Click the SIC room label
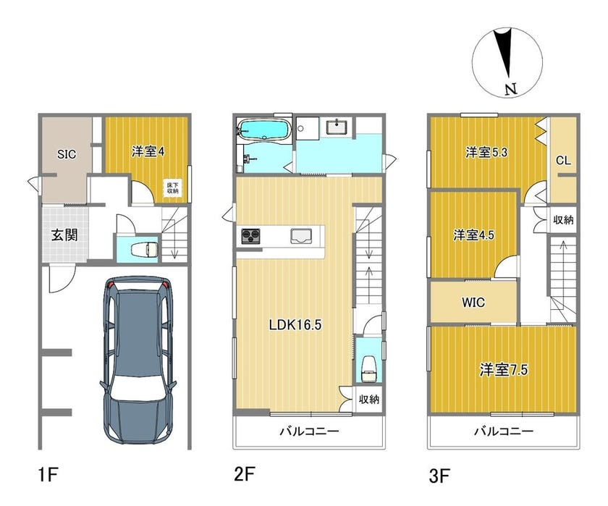pos(67,154)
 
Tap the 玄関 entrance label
pos(64,235)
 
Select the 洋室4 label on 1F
pos(148,151)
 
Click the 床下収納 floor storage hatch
pos(172,188)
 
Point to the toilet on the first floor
pos(145,249)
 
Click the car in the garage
pos(138,360)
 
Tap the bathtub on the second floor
pos(263,129)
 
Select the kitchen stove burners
pos(250,236)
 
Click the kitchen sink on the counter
pos(301,236)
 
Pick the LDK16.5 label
pos(295,324)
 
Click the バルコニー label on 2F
pos(310,431)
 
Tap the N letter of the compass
pos(512,90)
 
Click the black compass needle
pos(504,52)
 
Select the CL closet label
pos(563,160)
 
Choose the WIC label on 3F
pos(473,302)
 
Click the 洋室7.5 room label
pos(503,370)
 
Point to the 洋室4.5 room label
pos(474,235)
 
